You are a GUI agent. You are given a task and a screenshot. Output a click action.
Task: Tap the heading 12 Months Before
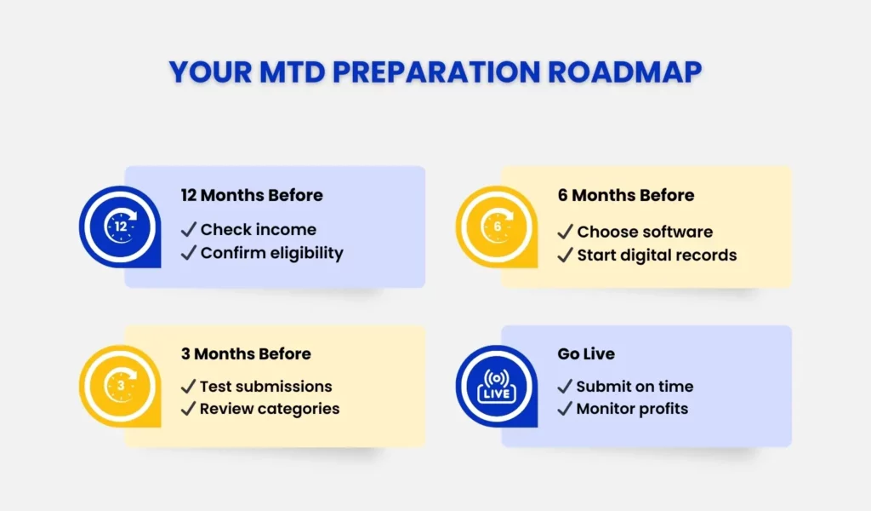coord(252,195)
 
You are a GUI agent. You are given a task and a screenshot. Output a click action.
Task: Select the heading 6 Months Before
coord(626,195)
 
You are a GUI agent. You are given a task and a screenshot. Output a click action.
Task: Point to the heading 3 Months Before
coord(246,353)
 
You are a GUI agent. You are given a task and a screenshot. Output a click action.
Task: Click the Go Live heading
coord(586,353)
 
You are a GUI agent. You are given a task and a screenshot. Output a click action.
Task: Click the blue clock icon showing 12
coord(120,227)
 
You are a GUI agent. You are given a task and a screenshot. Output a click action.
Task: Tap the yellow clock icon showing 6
coord(497,227)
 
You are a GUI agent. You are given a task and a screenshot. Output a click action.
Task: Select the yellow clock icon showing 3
coord(120,385)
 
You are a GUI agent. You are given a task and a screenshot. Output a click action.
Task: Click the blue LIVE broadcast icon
coord(497,385)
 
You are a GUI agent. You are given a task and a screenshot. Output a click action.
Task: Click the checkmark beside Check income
coord(188,230)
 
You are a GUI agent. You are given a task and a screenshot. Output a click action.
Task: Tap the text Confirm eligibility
coord(271,253)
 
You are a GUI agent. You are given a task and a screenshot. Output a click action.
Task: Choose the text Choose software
coord(645,232)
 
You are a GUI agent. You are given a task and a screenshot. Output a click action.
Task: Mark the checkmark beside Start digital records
coord(565,255)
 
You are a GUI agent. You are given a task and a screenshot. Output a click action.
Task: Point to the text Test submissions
coord(265,387)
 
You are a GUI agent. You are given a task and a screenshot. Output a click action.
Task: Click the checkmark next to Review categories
coord(188,409)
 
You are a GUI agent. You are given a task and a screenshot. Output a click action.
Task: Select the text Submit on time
coord(635,387)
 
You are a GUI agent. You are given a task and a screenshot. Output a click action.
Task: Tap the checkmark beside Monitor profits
coord(565,409)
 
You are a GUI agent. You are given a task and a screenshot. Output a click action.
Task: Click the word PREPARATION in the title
coord(436,72)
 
